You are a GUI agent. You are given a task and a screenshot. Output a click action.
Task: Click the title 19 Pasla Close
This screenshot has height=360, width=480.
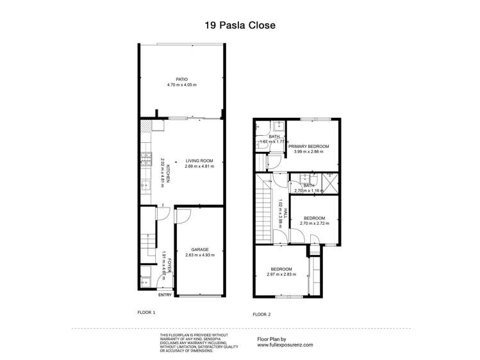point(240,26)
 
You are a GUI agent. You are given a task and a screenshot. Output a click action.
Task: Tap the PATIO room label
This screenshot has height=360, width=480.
point(181,79)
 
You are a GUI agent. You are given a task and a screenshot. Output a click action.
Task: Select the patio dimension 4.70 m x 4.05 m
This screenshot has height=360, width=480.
point(181,85)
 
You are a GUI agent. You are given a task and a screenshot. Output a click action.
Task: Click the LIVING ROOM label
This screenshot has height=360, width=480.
point(199,161)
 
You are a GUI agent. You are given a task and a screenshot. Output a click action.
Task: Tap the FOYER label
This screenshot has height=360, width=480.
point(169,263)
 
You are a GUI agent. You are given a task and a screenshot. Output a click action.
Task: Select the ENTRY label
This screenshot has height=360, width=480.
point(165,295)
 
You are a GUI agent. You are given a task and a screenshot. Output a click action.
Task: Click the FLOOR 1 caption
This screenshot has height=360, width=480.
point(147,312)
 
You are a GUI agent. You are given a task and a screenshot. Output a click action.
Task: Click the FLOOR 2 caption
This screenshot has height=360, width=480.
point(261,314)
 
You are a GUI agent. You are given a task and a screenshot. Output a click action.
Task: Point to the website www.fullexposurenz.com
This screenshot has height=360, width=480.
point(285,344)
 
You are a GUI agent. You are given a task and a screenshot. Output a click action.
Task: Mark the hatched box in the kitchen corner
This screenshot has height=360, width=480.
point(145,126)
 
